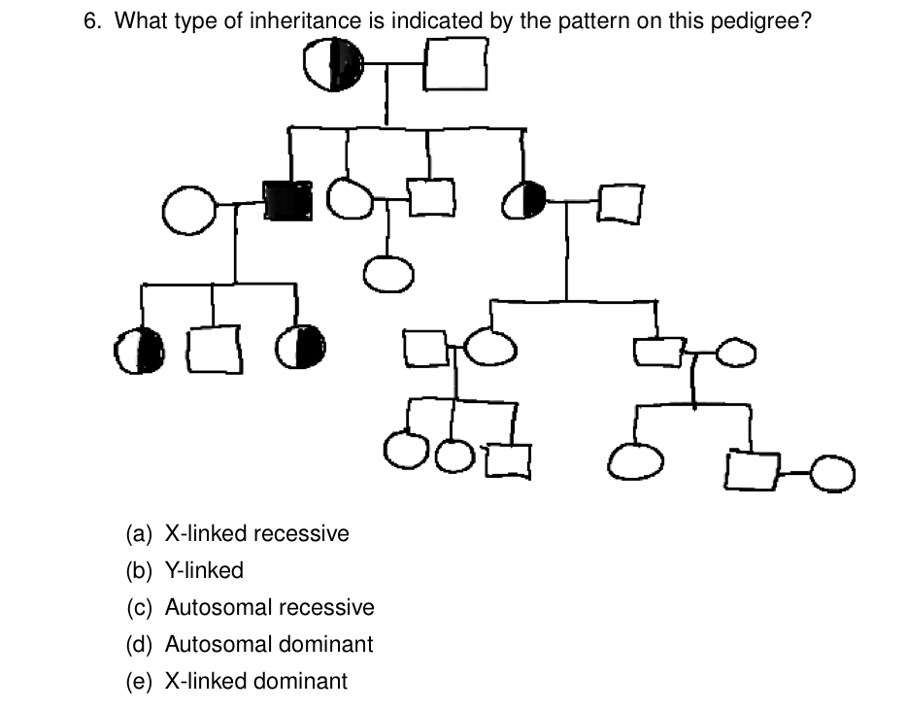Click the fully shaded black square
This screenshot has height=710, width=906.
(288, 200)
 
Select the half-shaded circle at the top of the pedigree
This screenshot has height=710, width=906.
(333, 66)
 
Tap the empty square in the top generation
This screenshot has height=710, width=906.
(455, 66)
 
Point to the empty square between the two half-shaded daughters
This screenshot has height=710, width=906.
(215, 350)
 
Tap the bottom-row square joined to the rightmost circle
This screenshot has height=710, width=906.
(754, 471)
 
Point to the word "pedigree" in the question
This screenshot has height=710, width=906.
(762, 22)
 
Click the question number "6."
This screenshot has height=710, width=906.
(93, 22)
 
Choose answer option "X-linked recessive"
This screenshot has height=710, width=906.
(256, 533)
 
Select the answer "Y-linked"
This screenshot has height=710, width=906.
(204, 570)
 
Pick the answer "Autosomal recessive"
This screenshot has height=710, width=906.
(269, 607)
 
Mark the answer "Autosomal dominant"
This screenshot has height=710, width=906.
(269, 644)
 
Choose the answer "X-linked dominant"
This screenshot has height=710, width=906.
(255, 681)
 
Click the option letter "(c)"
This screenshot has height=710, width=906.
(140, 607)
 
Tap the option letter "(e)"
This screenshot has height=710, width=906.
(140, 681)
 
